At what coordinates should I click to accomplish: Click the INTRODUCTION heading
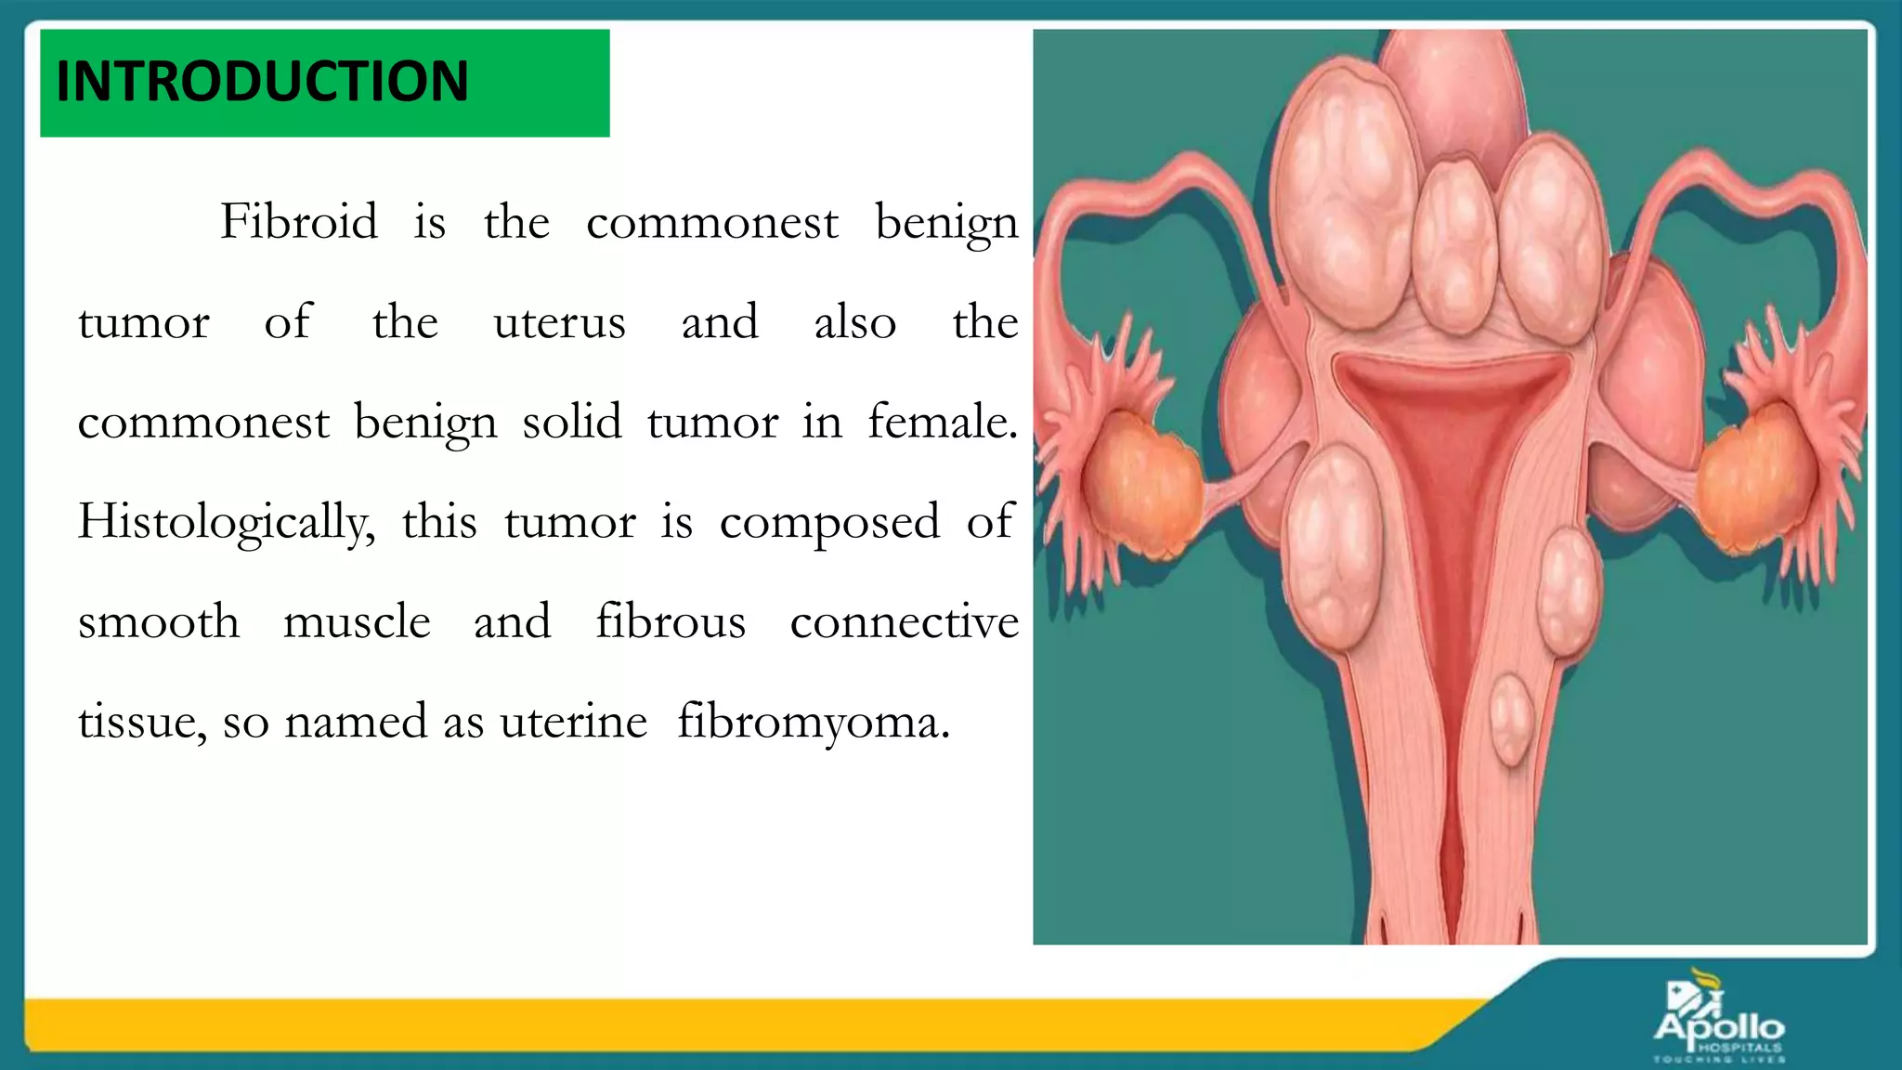(x=262, y=82)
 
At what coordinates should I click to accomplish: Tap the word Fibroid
(x=298, y=223)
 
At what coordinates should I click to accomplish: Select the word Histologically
(x=226, y=523)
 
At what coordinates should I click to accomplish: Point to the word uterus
(x=559, y=323)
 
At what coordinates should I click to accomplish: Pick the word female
(x=942, y=423)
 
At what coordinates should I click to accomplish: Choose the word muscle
(x=357, y=622)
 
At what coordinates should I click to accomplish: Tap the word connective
(x=904, y=622)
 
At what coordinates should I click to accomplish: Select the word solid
(x=572, y=423)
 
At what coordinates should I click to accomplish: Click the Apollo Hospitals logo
(x=1719, y=1021)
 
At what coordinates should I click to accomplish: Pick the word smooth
(x=159, y=622)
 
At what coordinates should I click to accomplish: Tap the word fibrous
(x=671, y=622)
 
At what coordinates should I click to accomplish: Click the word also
(x=854, y=323)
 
